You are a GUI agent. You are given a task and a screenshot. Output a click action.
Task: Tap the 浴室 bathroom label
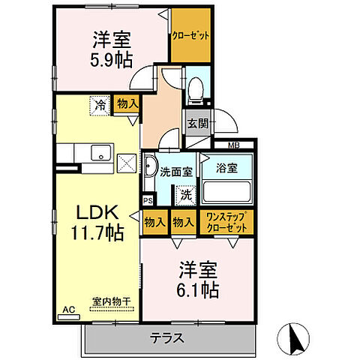point(226,167)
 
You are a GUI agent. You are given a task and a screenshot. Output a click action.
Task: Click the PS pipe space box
point(148,200)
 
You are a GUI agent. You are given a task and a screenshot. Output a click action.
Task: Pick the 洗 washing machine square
point(184,196)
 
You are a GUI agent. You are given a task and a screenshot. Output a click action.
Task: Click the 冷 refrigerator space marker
point(100,106)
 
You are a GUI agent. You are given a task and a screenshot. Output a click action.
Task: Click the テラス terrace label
point(170,337)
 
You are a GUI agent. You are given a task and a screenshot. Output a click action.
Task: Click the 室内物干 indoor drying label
point(111,302)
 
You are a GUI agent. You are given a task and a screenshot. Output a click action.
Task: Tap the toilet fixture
point(195,89)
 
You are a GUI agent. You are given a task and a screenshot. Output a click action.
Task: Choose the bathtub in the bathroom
point(227,187)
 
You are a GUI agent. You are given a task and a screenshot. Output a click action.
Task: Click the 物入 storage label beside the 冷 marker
point(126,106)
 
